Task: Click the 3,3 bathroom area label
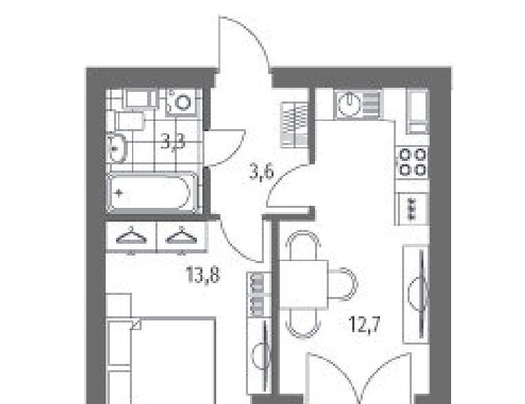click(x=173, y=143)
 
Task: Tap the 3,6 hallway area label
click(x=262, y=173)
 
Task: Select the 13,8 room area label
click(x=203, y=276)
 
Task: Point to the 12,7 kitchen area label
click(x=364, y=324)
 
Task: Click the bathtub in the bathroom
click(x=153, y=193)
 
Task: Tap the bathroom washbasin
click(x=116, y=148)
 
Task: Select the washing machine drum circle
click(x=183, y=102)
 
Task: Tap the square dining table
click(x=303, y=284)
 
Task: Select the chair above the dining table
click(x=304, y=246)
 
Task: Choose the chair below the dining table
click(x=304, y=323)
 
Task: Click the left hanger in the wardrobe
click(x=131, y=236)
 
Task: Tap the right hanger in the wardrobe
click(x=182, y=236)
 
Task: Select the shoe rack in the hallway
click(x=294, y=124)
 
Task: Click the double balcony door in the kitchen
click(x=359, y=378)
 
